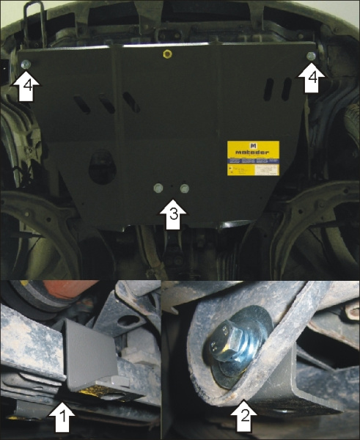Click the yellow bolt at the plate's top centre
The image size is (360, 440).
point(167,54)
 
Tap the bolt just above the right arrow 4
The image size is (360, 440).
point(312,56)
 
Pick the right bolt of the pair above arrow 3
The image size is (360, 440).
point(183,189)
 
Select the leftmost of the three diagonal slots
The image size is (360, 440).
point(81,104)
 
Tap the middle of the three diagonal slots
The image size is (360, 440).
point(107,103)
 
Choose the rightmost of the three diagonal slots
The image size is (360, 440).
point(132,100)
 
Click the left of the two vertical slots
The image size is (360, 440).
point(269,88)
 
